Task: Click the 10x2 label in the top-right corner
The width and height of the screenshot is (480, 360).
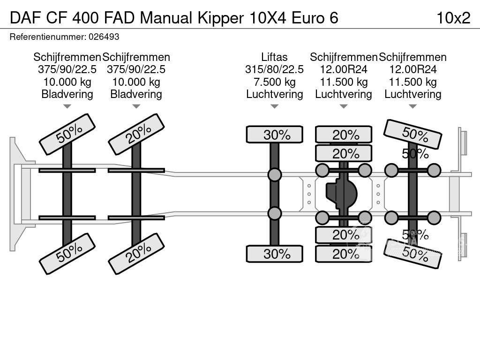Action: pyautogui.click(x=453, y=18)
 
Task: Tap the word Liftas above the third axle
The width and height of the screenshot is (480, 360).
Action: pyautogui.click(x=274, y=57)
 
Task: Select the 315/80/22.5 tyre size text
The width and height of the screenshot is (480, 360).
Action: pyautogui.click(x=274, y=69)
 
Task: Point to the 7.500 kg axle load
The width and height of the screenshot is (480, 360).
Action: pyautogui.click(x=274, y=82)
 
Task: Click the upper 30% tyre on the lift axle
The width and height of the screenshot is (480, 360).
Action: pyautogui.click(x=275, y=135)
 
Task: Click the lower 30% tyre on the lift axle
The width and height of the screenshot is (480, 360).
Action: pyautogui.click(x=275, y=254)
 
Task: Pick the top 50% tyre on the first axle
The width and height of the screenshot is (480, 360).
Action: pyautogui.click(x=67, y=134)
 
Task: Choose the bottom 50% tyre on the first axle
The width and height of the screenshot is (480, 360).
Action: pyautogui.click(x=67, y=254)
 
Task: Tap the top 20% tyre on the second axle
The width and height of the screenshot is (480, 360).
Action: pyautogui.click(x=136, y=134)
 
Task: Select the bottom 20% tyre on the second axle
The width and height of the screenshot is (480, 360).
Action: pyautogui.click(x=136, y=254)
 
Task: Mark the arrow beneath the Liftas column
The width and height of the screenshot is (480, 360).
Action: pyautogui.click(x=274, y=107)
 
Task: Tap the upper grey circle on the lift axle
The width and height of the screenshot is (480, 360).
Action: pyautogui.click(x=275, y=175)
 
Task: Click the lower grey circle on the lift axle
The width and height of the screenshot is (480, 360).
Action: pyautogui.click(x=275, y=213)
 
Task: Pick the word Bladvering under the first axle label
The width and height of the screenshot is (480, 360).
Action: pyautogui.click(x=67, y=94)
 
